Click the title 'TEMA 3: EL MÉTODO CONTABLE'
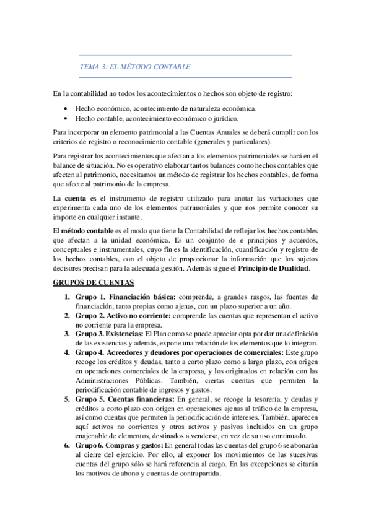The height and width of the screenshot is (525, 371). pos(135,67)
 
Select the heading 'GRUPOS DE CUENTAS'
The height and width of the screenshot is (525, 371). pos(94,282)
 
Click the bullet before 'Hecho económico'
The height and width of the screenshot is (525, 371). pos(66,108)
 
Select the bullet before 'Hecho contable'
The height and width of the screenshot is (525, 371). pos(66,118)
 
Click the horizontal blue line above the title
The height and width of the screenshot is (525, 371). pos(185,56)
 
